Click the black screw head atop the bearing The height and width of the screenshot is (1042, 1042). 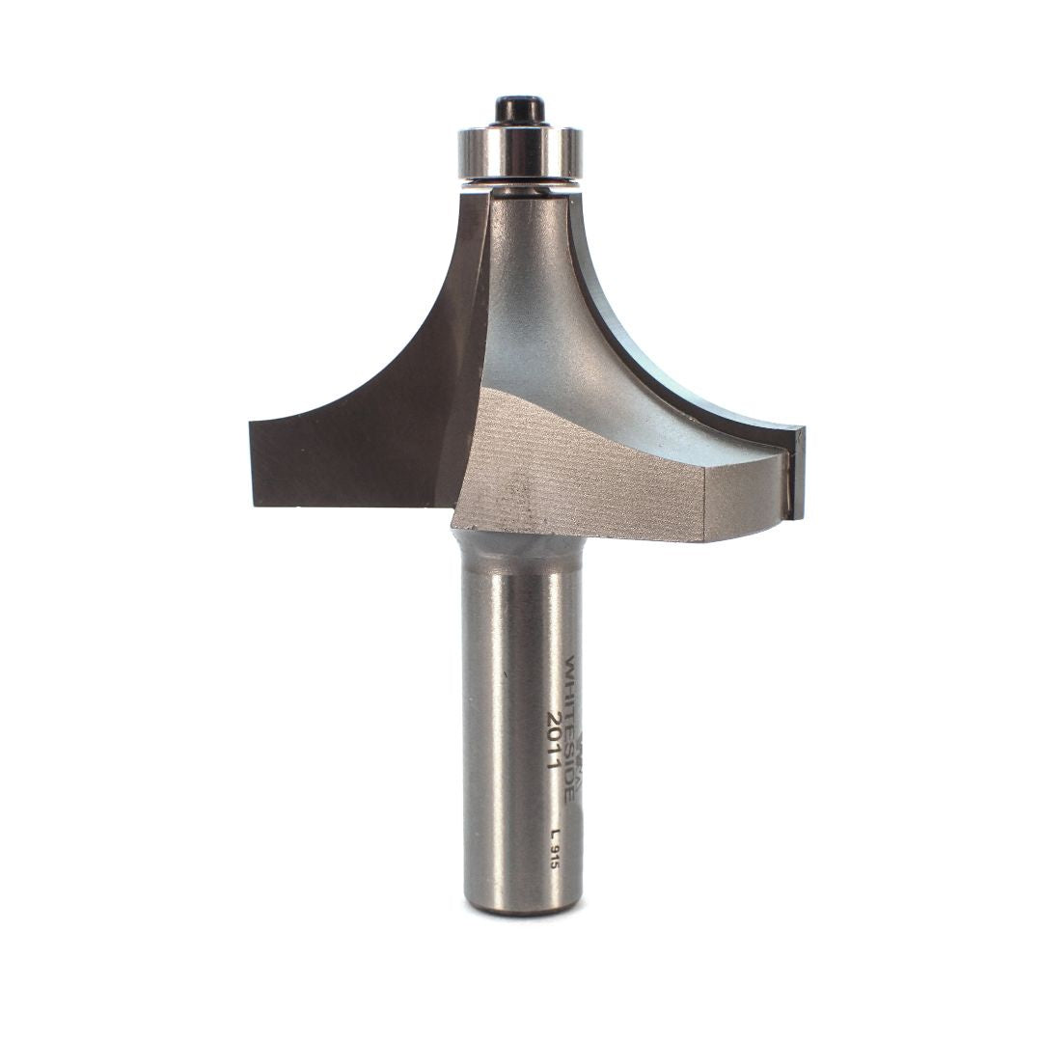click(x=520, y=108)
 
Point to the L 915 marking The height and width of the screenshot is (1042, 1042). click(x=555, y=850)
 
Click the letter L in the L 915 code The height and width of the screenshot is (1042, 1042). click(x=555, y=834)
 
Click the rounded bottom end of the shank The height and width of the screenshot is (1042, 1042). click(x=522, y=905)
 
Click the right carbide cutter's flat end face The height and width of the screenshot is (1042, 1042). click(x=797, y=473)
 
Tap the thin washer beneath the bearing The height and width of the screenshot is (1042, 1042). click(x=520, y=183)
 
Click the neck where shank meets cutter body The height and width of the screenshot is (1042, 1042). click(x=521, y=545)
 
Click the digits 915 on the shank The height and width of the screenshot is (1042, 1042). click(x=555, y=858)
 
